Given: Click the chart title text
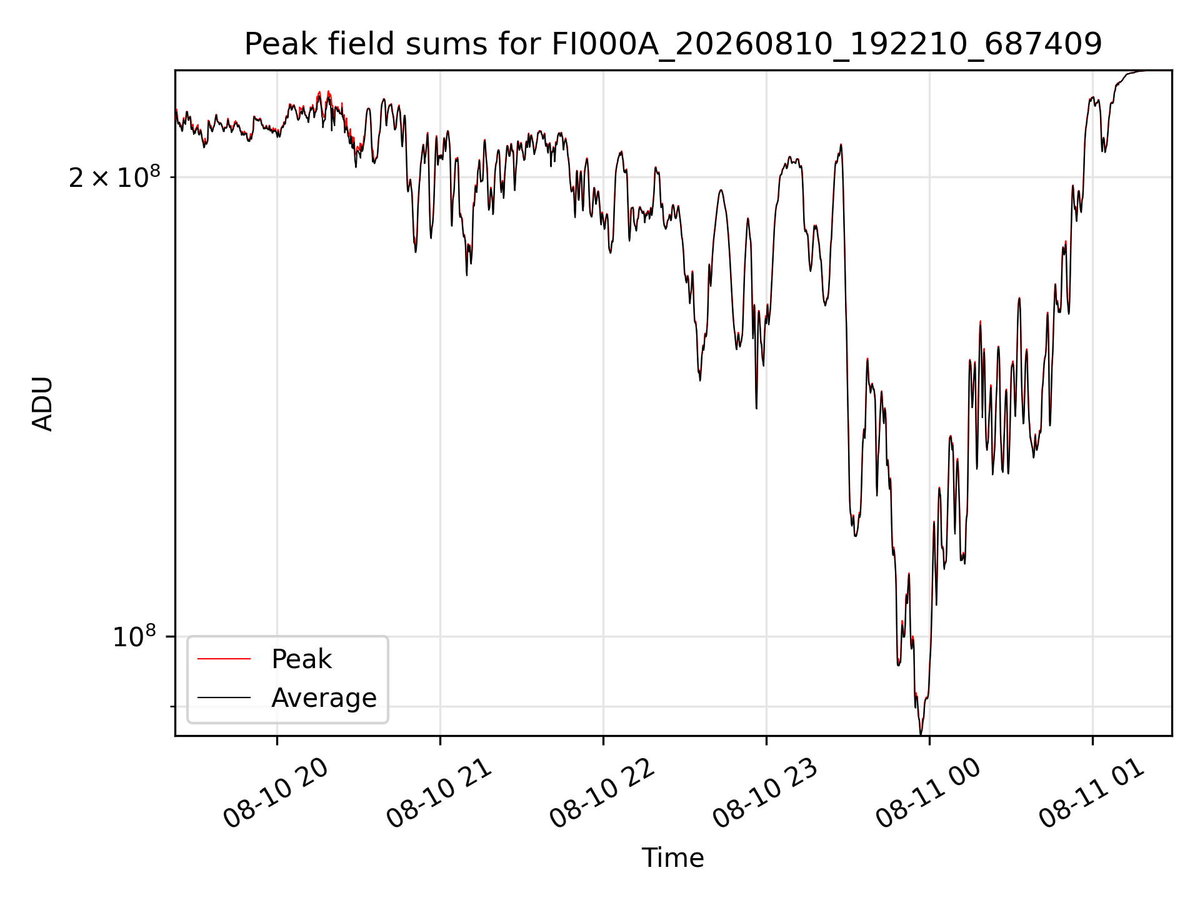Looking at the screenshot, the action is point(672,44).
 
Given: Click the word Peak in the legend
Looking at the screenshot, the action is point(301,659).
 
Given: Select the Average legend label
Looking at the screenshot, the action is point(324,698).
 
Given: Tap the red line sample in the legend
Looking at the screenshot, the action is point(224,659).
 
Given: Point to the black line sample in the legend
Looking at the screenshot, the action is point(224,697).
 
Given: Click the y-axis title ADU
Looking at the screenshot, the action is point(42,404).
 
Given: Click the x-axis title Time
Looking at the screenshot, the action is point(672,858).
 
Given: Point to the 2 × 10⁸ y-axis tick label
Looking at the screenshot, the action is point(114,177).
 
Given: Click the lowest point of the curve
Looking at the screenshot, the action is point(921,734).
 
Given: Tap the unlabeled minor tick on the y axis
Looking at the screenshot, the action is point(172,707).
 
